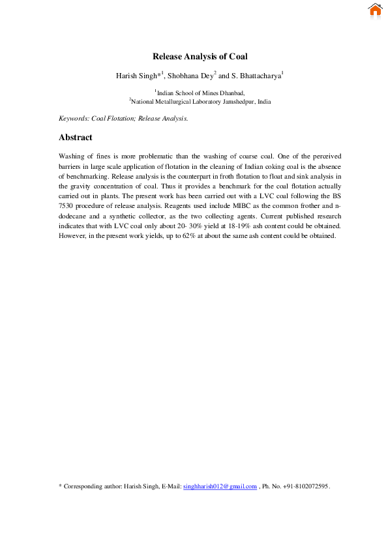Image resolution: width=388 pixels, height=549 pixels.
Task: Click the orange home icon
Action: point(374,10)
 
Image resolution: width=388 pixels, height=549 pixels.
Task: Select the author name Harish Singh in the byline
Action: point(136,76)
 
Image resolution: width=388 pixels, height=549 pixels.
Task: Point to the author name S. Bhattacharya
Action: point(254,76)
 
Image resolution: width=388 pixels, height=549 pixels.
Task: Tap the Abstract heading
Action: point(76,138)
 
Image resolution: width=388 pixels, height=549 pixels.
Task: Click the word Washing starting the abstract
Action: point(71,157)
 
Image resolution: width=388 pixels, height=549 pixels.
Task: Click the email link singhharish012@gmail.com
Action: point(220,486)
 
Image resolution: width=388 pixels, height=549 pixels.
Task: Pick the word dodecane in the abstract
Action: point(74,216)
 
